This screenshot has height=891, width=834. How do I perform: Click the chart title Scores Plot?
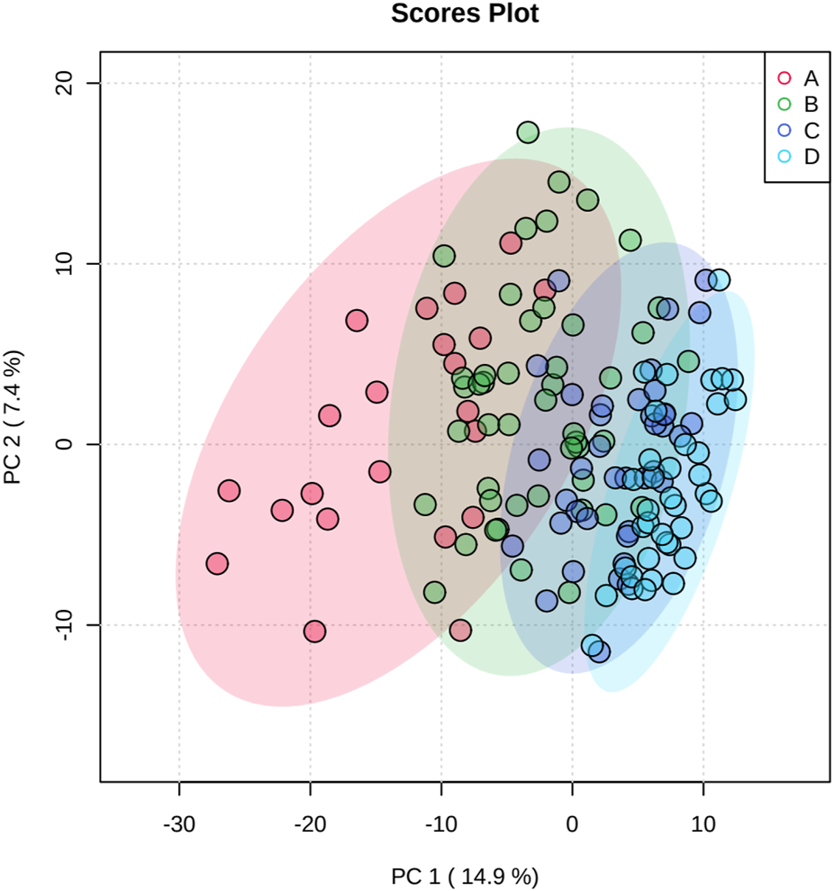pos(465,14)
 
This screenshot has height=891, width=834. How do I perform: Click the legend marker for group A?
pos(784,78)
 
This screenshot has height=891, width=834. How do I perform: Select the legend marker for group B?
pos(784,105)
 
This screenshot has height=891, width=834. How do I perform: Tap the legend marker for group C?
pos(784,131)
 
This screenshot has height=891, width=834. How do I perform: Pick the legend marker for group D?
pos(784,157)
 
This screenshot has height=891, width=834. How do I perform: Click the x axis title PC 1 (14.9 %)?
pos(465,875)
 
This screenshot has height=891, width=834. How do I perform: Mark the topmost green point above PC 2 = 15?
pos(528,132)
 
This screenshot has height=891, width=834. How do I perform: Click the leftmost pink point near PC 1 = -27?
pos(217,564)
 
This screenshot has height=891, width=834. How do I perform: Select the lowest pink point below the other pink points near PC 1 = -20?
pos(314,631)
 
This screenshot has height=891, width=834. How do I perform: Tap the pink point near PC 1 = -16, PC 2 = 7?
pos(357,320)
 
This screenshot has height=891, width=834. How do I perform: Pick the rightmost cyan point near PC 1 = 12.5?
pos(736,399)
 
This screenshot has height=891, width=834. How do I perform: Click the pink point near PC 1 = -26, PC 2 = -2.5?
pos(229,490)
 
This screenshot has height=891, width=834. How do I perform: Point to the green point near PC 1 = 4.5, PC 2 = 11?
pos(630,240)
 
